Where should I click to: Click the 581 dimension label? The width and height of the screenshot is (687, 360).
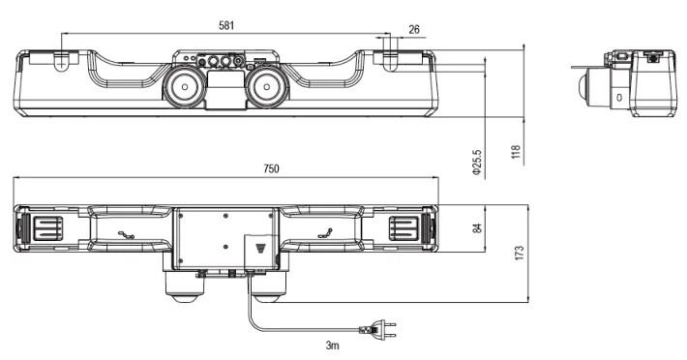pos(226,25)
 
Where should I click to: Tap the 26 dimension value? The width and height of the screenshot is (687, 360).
pos(414,29)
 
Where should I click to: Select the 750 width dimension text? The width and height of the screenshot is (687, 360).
pos(271,168)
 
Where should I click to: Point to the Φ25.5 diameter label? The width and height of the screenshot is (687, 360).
pos(477,164)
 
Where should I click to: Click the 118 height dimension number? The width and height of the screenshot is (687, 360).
pos(516,152)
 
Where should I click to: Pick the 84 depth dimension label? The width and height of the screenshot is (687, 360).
pos(478,227)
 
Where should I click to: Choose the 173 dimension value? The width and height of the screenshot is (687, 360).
pos(520,254)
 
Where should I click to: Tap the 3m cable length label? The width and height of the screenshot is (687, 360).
pos(333,345)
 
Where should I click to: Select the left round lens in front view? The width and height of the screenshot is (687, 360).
pos(185,86)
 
